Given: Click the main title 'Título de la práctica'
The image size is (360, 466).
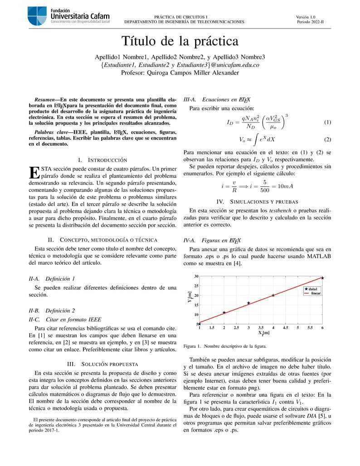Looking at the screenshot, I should click(x=180, y=41).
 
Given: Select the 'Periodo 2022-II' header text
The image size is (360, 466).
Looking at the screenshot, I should click(x=311, y=22).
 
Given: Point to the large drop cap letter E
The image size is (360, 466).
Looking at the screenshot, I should click(x=34, y=172).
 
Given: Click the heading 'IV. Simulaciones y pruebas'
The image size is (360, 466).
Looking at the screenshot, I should click(x=257, y=201).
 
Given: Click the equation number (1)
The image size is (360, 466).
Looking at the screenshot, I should click(x=328, y=123).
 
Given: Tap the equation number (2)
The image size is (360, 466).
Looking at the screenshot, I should click(x=328, y=140).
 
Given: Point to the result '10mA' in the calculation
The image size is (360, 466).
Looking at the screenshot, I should click(x=285, y=186).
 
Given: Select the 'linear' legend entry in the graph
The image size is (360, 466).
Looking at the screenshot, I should click(x=316, y=293).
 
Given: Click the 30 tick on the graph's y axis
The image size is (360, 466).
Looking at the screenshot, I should click(x=196, y=276).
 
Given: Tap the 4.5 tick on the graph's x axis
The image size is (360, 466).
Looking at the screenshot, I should click(x=285, y=327).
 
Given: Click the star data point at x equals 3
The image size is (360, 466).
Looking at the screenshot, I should click(x=248, y=303).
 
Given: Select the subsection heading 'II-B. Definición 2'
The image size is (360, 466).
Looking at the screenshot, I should click(x=52, y=311).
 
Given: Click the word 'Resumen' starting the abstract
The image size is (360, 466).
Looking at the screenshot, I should click(x=44, y=99).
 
